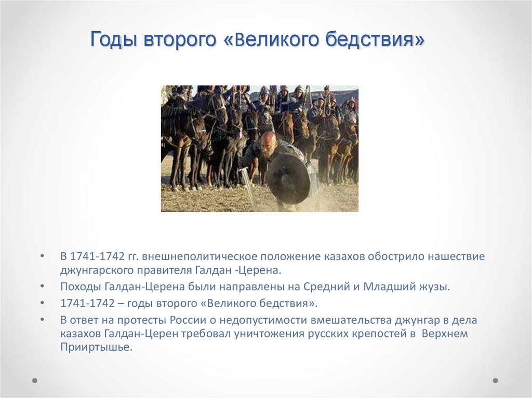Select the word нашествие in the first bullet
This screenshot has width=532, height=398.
[x=457, y=256]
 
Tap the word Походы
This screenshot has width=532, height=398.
[x=79, y=286]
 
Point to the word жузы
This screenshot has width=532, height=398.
[x=433, y=286]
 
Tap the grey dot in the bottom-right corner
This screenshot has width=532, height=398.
[x=495, y=380]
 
